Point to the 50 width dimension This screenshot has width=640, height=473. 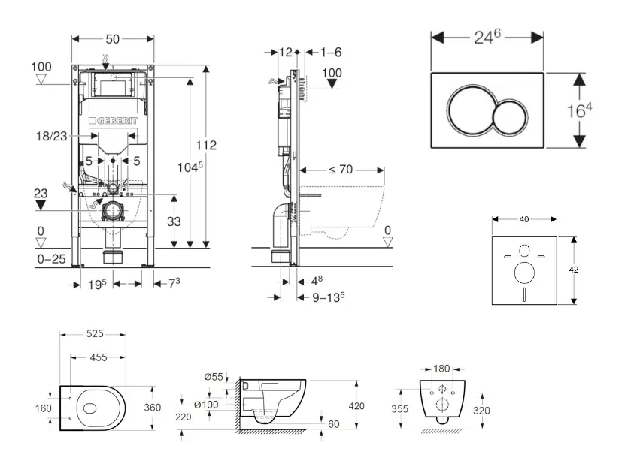[x=113, y=38]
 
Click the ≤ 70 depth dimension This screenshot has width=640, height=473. [x=340, y=170]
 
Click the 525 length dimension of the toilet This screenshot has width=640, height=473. [x=94, y=333]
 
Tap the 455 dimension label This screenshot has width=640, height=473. [x=98, y=358]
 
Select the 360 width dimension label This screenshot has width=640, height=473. [x=153, y=407]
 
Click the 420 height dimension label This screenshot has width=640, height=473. [x=356, y=406]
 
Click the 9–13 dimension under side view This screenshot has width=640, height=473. [x=328, y=296]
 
